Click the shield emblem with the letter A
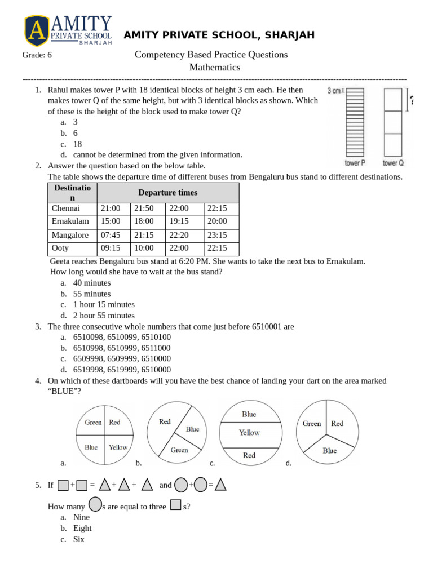pos(37,30)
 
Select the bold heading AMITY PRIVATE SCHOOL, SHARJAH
pos(219,35)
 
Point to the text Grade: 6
pos(37,55)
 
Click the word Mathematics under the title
pos(214,68)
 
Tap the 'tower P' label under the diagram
pos(355,163)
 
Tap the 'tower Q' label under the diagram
pos(393,163)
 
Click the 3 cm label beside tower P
pos(334,90)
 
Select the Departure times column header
pos(167,193)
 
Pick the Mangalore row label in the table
pos(70,235)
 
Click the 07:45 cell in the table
pos(111,235)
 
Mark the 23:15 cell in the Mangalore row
pos(217,235)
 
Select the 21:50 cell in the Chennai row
pos(144,208)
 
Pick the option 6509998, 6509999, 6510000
pos(122,358)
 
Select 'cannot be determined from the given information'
pos(157,154)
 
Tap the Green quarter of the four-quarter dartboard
pos(93,422)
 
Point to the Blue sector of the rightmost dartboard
pos(329,450)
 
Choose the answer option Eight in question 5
pos(82,528)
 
